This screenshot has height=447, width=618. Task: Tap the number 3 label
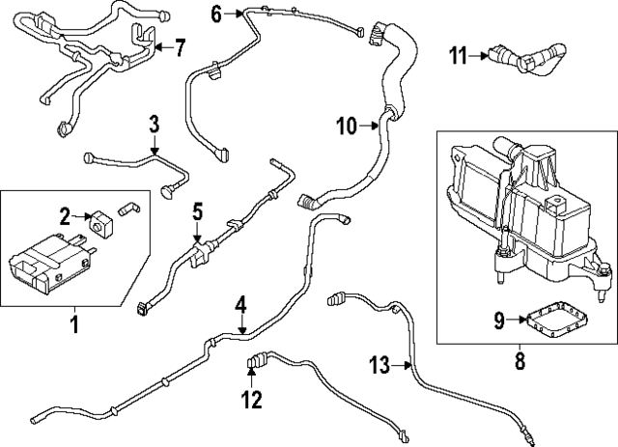pos(154,124)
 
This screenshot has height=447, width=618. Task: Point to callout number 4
pos(241,305)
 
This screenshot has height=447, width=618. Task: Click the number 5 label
pos(196,210)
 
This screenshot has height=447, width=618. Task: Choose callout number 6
pos(215,13)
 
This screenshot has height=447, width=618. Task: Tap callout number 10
pos(346,125)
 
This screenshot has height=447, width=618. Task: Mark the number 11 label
pos(458,56)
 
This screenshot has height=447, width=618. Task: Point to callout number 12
pos(251,399)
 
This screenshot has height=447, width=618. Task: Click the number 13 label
pos(380,364)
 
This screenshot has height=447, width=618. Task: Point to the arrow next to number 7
pos(161,46)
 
